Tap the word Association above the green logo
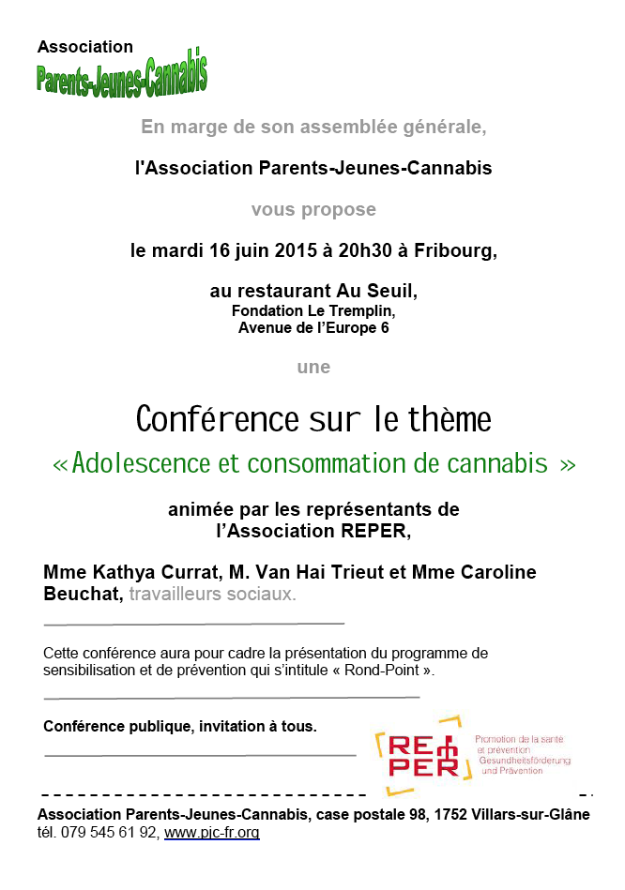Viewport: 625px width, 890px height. click(x=85, y=47)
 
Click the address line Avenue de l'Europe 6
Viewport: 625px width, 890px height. click(x=313, y=328)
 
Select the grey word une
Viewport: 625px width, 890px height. click(x=313, y=367)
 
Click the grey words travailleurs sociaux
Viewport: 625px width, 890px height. click(x=212, y=594)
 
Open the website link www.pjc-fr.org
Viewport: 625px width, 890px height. click(x=212, y=833)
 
